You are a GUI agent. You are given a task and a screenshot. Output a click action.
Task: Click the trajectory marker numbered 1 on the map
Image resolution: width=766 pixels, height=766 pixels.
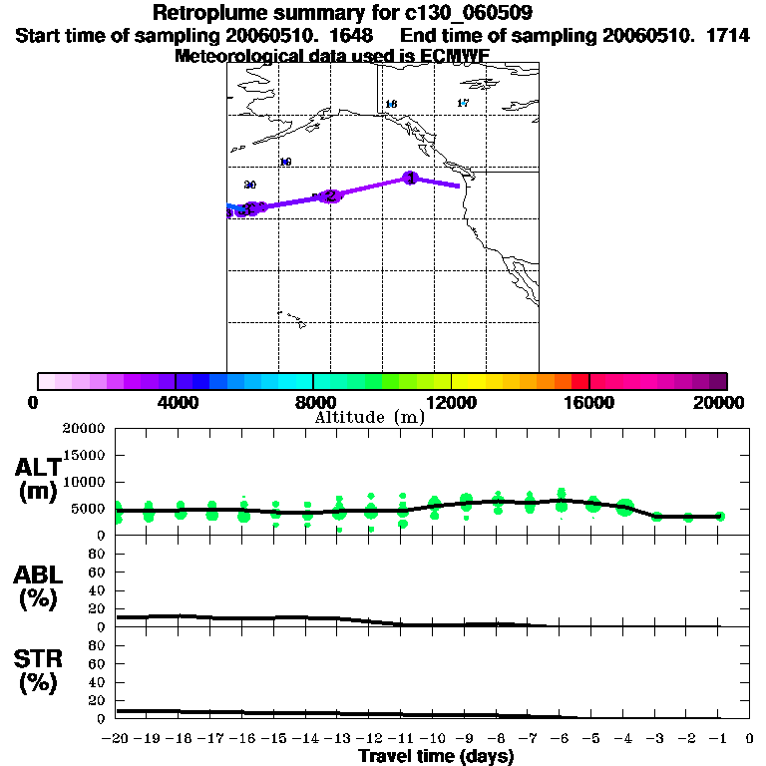point(409,178)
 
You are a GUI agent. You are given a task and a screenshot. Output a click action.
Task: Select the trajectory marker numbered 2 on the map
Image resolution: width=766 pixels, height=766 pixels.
point(331,195)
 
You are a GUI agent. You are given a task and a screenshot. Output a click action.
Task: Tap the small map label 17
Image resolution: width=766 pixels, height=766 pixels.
point(463,103)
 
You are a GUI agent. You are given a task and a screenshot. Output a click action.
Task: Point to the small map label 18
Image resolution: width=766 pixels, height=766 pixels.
point(391,104)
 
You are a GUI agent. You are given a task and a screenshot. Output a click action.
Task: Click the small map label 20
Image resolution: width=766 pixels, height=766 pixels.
point(250,185)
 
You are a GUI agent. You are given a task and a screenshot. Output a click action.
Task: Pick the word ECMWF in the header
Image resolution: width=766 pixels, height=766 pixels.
point(456,56)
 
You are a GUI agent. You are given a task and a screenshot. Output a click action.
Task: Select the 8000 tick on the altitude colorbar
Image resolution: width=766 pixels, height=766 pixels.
point(313,402)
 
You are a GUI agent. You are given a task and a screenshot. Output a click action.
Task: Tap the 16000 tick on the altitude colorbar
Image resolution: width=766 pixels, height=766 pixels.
point(589,402)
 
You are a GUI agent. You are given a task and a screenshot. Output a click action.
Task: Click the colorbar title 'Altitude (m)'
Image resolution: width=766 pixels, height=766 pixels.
point(370,418)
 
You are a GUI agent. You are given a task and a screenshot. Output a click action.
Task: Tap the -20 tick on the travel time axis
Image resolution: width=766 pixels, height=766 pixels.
point(117,739)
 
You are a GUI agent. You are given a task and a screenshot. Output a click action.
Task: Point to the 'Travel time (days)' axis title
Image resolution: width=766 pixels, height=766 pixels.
point(436,757)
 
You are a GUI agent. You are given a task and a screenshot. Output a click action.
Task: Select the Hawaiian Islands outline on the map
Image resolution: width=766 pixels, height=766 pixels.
point(290,318)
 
